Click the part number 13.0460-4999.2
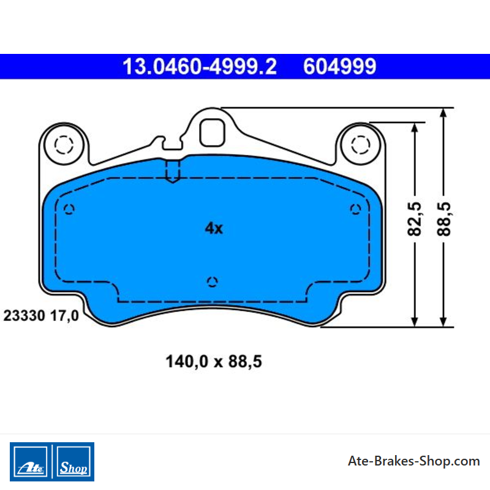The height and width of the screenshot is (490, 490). [200, 66]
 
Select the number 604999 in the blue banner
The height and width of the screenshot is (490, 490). [340, 66]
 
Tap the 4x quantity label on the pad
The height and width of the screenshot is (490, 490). [214, 228]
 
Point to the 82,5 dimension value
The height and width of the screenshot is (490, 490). [415, 219]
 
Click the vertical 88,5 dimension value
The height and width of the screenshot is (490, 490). [443, 219]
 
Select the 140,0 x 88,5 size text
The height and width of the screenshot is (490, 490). [214, 361]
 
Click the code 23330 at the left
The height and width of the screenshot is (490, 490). [24, 315]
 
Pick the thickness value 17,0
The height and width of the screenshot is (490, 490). [64, 315]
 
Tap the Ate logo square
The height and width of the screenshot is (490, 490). [30, 462]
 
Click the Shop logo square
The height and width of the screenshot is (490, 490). [73, 462]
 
